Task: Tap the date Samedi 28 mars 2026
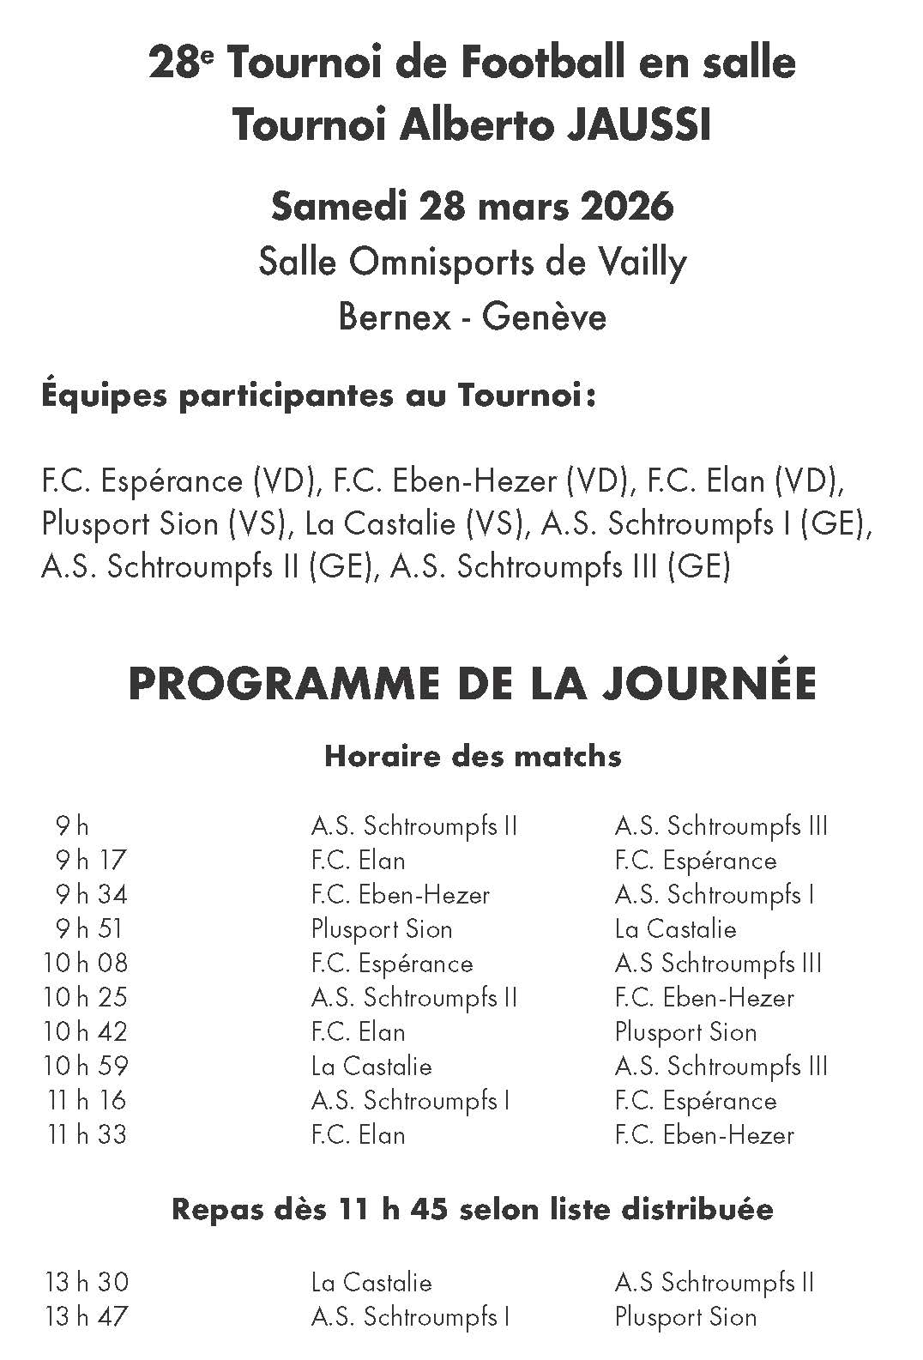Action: pyautogui.click(x=472, y=206)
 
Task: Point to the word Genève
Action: pyautogui.click(x=544, y=317)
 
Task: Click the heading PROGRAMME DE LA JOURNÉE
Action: pyautogui.click(x=472, y=684)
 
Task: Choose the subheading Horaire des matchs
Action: pyautogui.click(x=473, y=756)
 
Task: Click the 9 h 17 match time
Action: pyautogui.click(x=91, y=860)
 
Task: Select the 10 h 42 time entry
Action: pyautogui.click(x=86, y=1031)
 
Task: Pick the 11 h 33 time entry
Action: pyautogui.click(x=86, y=1134)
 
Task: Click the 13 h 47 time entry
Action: pyautogui.click(x=86, y=1316)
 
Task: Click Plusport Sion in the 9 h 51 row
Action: pyautogui.click(x=382, y=928)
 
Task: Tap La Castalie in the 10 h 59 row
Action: pyautogui.click(x=371, y=1066)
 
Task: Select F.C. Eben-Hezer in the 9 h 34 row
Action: pyautogui.click(x=401, y=894)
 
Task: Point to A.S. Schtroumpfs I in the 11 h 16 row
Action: pyautogui.click(x=410, y=1100)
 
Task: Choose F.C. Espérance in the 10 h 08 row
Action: pyautogui.click(x=392, y=963)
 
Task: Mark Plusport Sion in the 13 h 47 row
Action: pyautogui.click(x=685, y=1316)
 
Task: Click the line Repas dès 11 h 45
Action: pyautogui.click(x=473, y=1209)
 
